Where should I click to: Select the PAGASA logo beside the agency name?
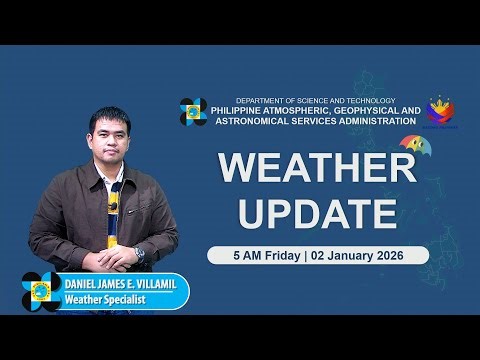pyautogui.click(x=193, y=112)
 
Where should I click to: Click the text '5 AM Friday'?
pyautogui.click(x=259, y=254)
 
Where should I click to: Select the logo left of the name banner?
pyautogui.click(x=41, y=290)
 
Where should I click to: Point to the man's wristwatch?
pyautogui.click(x=140, y=254)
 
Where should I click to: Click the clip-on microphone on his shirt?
pyautogui.click(x=113, y=206)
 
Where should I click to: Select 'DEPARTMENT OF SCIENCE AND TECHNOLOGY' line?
pyautogui.click(x=315, y=101)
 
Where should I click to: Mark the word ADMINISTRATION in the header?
pyautogui.click(x=372, y=121)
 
